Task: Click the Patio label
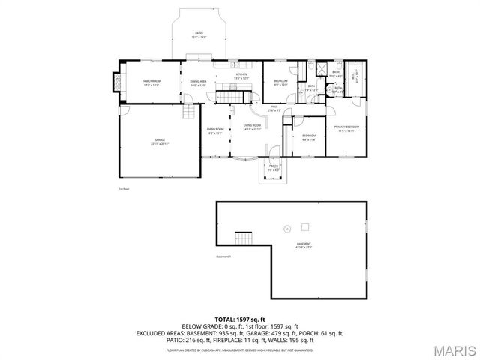click(199, 35)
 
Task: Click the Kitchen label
click(241, 76)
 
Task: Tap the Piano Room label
click(216, 131)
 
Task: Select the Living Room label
click(252, 127)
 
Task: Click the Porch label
click(274, 167)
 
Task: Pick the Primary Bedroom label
click(346, 129)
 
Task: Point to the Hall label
click(275, 109)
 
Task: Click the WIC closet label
click(355, 73)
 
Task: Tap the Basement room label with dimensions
click(304, 246)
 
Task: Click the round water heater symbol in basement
click(286, 229)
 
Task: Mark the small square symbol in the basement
click(305, 226)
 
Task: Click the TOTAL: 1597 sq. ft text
click(240, 319)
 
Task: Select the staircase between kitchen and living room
click(227, 97)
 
